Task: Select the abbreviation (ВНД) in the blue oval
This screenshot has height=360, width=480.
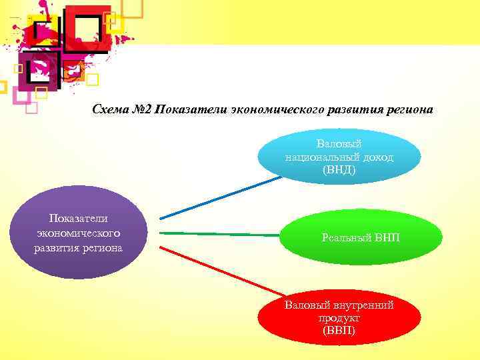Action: pyautogui.click(x=339, y=170)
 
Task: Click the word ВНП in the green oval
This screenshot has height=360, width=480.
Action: pyautogui.click(x=386, y=238)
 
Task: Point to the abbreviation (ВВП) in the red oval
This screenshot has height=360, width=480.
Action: pyautogui.click(x=339, y=331)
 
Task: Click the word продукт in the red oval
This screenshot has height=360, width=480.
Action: pyautogui.click(x=339, y=318)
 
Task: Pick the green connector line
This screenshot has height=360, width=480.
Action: pyautogui.click(x=220, y=234)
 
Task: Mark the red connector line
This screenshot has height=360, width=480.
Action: pyautogui.click(x=220, y=270)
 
